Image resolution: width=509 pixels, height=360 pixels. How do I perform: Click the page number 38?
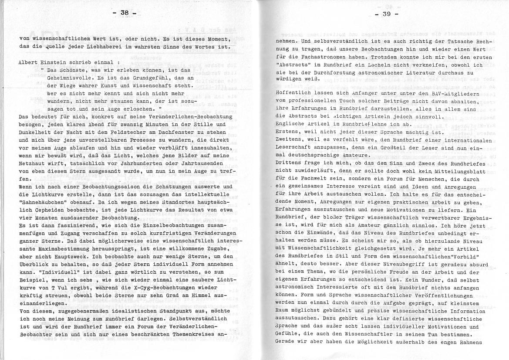point(125,13)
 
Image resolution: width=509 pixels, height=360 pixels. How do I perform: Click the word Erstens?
point(288,132)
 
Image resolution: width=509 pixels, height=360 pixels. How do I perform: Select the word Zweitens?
point(290,140)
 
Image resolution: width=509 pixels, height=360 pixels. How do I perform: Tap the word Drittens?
point(290,163)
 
